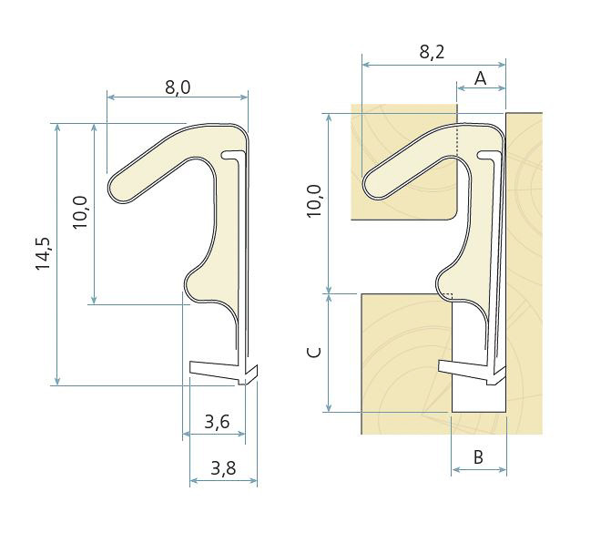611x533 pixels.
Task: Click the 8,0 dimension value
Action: [178, 87]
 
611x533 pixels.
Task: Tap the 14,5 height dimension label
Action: [43, 253]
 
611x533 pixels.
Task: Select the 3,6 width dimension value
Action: [217, 422]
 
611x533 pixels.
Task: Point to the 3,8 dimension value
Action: [223, 468]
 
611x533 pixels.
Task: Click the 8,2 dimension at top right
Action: [432, 52]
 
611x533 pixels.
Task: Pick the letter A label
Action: [481, 78]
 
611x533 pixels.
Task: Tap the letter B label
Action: [479, 456]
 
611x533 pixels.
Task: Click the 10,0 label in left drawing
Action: [80, 212]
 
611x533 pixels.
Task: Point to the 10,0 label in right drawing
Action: [314, 201]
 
